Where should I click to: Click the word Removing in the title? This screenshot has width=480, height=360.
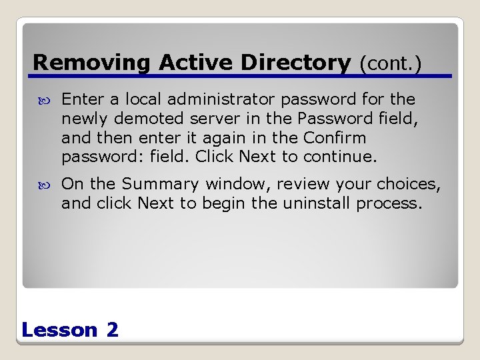(93, 63)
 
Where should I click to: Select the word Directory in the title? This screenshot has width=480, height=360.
(295, 63)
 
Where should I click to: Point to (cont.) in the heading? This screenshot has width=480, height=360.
(391, 64)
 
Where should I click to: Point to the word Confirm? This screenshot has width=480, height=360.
(335, 139)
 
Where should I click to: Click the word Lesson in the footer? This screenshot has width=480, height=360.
(59, 329)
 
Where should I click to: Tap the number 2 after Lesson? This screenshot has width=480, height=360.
(112, 329)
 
